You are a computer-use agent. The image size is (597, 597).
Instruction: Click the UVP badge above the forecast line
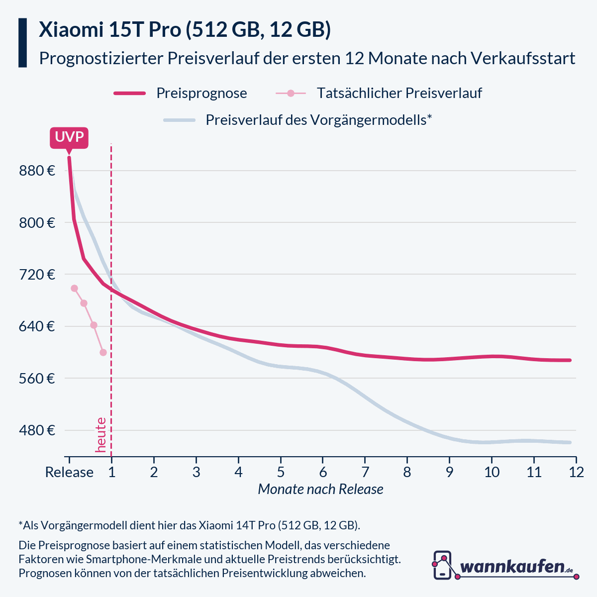tap(69, 137)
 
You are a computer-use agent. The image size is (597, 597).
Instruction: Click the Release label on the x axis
tap(69, 472)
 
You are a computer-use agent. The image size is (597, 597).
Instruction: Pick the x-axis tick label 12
tap(576, 472)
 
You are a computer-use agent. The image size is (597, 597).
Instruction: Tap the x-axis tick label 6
tap(323, 472)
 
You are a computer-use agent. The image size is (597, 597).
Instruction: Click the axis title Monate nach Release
tap(320, 489)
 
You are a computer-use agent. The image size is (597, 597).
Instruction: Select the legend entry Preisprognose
tap(201, 93)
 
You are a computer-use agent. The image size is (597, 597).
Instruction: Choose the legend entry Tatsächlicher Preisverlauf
tap(399, 93)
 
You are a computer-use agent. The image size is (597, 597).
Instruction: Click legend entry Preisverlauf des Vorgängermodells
tap(318, 120)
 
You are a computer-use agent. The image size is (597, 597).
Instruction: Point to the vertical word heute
tap(101, 435)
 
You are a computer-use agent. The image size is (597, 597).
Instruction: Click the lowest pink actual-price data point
tap(103, 352)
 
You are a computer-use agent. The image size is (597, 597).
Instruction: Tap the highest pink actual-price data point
tap(75, 288)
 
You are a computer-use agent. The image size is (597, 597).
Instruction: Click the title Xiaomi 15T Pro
tap(185, 30)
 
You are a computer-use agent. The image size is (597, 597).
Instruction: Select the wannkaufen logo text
tap(512, 566)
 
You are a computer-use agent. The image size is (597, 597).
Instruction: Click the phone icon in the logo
tap(442, 565)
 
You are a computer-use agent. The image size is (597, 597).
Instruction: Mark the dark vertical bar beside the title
tap(22, 43)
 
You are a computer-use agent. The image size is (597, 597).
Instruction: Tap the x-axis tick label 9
tap(449, 472)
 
